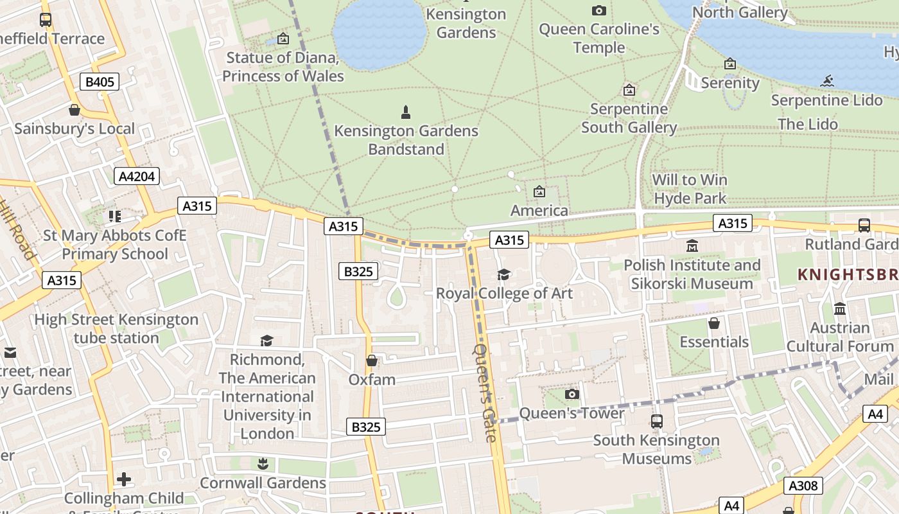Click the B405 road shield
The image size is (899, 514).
[x=100, y=82]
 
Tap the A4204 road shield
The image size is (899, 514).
[x=137, y=176]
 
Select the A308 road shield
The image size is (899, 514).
[x=803, y=486]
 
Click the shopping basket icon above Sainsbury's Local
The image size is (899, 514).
[x=74, y=110]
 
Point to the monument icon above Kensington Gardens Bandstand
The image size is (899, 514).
[x=405, y=112]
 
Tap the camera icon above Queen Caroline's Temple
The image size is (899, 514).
[x=598, y=10]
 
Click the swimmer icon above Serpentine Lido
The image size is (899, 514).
[x=827, y=81]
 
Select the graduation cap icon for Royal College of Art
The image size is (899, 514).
[x=504, y=275]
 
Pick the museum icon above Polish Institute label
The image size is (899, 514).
[x=692, y=246]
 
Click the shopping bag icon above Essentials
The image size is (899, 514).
[x=713, y=323]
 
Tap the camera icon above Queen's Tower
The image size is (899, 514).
[x=572, y=394]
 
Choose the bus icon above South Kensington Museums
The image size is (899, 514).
[x=656, y=421]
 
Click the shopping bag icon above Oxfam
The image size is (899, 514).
[x=371, y=360]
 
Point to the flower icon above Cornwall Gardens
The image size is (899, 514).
[x=262, y=463]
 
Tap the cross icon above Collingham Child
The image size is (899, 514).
[x=124, y=479]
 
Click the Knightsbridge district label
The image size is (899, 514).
[x=847, y=274]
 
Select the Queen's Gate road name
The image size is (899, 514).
[x=485, y=393]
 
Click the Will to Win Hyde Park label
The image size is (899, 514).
[x=690, y=189]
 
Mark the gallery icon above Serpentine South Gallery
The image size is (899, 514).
[x=629, y=90]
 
